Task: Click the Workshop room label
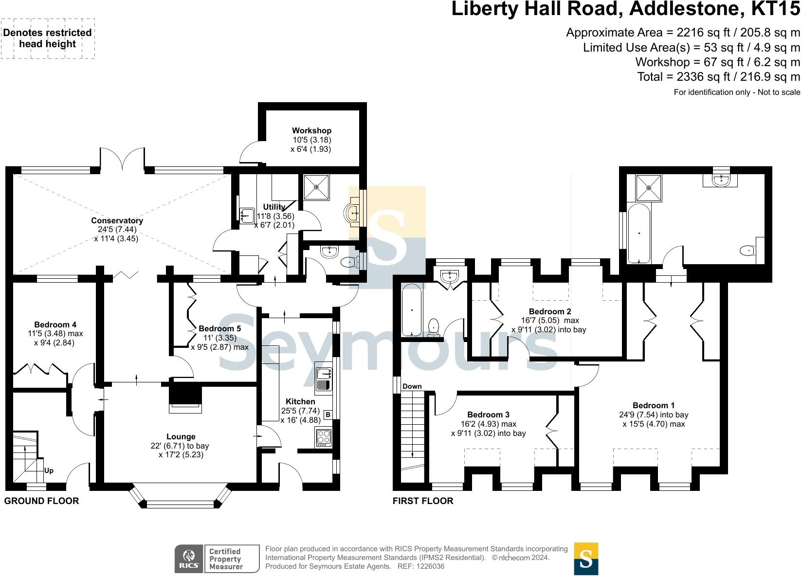pyautogui.click(x=311, y=130)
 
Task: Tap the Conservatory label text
pyautogui.click(x=117, y=220)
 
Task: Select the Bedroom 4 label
pyautogui.click(x=55, y=325)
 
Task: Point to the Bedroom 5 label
pyautogui.click(x=219, y=328)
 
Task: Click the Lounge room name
pyautogui.click(x=181, y=437)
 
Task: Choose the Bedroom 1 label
pyautogui.click(x=653, y=405)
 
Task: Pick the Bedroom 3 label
pyautogui.click(x=488, y=415)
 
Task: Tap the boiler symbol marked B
pyautogui.click(x=328, y=415)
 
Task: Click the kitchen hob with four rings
pyautogui.click(x=324, y=437)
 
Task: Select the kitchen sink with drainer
pyautogui.click(x=323, y=380)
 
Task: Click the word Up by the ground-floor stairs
pyautogui.click(x=49, y=470)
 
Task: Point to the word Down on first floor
pyautogui.click(x=412, y=386)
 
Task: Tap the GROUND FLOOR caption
pyautogui.click(x=41, y=501)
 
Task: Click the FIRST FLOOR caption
pyautogui.click(x=422, y=501)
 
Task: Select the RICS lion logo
pyautogui.click(x=188, y=559)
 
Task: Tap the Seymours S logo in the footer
pyautogui.click(x=586, y=559)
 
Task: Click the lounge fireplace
pyautogui.click(x=184, y=398)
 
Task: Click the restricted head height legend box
pyautogui.click(x=47, y=38)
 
